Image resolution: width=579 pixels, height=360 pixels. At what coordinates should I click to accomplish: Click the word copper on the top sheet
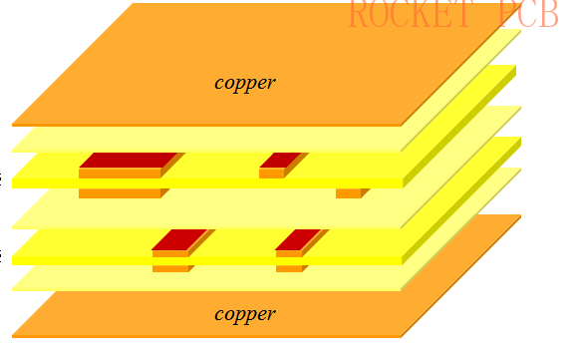click(244, 82)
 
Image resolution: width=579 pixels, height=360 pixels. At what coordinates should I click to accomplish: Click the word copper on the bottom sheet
click(244, 314)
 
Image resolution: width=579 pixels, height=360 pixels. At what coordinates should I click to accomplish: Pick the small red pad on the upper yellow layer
click(279, 160)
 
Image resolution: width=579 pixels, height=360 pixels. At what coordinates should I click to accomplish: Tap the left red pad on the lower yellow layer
click(178, 239)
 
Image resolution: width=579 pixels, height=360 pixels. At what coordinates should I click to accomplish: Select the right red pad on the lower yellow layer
click(297, 239)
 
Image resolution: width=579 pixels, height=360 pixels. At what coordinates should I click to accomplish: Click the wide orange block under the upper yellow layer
click(119, 193)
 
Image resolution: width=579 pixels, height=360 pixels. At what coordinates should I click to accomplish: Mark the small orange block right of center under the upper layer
click(348, 193)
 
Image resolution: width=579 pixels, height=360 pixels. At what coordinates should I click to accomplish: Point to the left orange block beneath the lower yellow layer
click(170, 268)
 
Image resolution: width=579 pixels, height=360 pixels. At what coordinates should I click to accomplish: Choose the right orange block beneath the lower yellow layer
click(289, 268)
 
